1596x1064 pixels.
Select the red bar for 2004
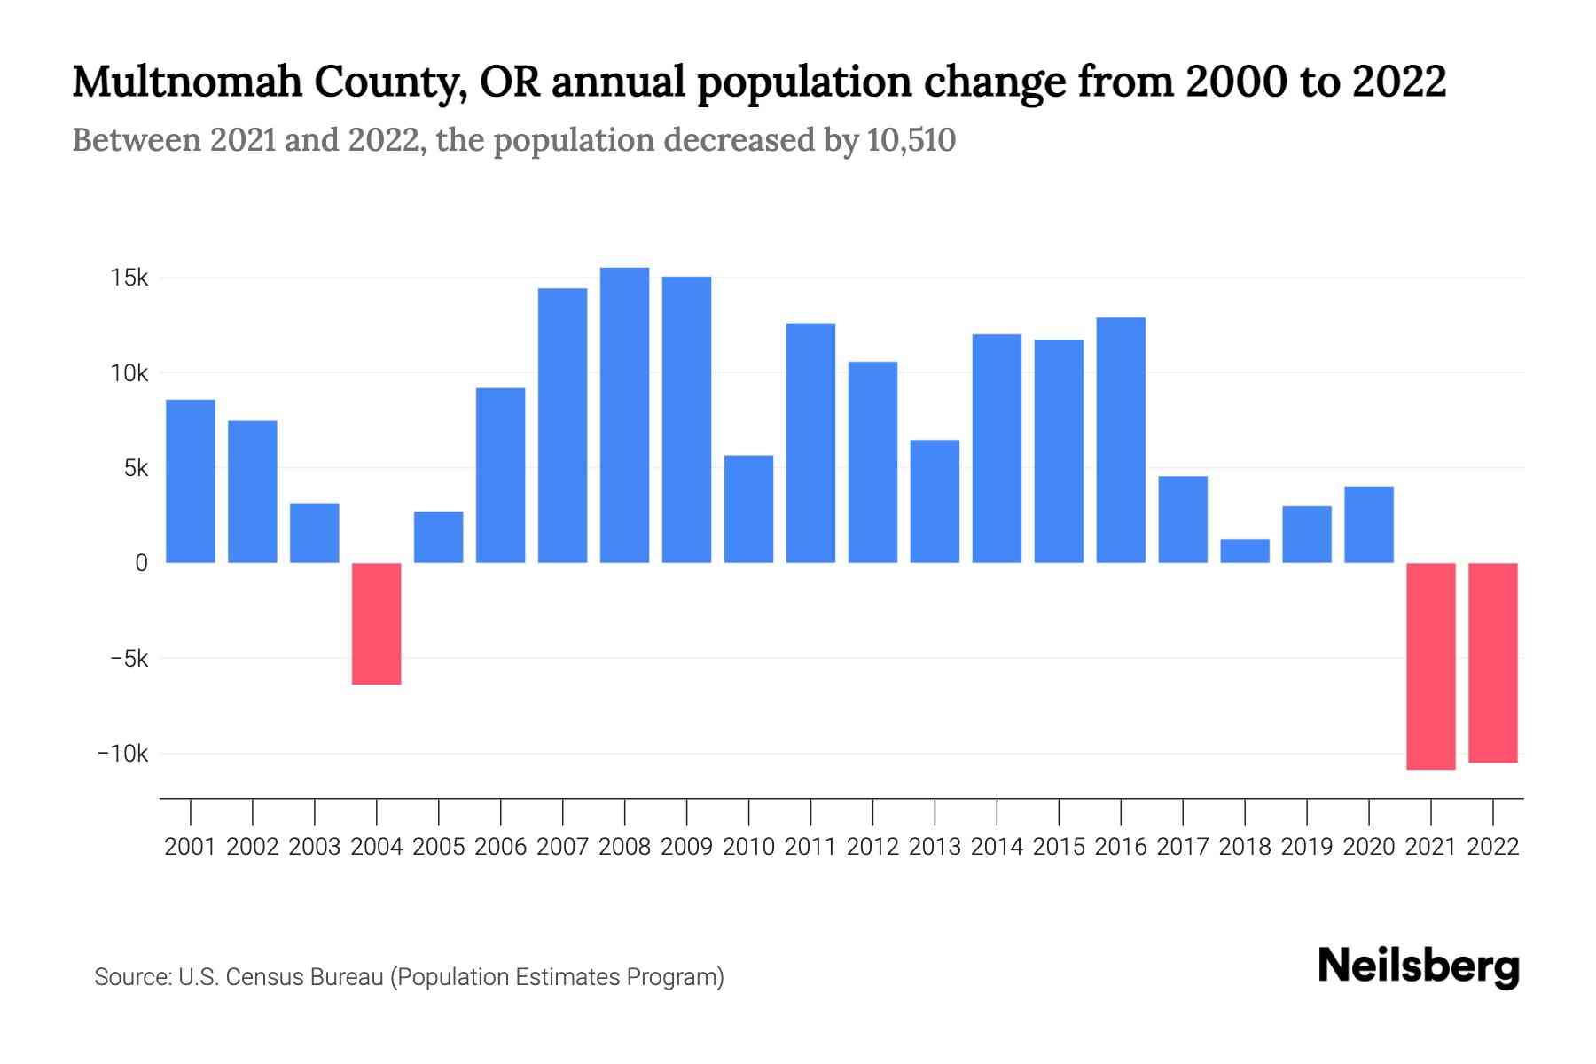pos(377,623)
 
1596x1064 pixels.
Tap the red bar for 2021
pos(1430,666)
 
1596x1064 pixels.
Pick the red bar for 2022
pos(1493,662)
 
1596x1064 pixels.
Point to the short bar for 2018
pos(1245,551)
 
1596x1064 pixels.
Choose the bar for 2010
pos(748,509)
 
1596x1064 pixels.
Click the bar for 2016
pos(1121,440)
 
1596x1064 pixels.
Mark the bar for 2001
pos(191,481)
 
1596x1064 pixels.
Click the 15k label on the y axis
pos(129,278)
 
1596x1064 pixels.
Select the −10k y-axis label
pos(123,754)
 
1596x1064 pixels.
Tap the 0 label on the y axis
pos(141,564)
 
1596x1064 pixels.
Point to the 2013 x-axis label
pos(935,847)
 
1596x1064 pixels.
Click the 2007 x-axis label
pos(562,847)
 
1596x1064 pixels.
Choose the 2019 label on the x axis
pos(1307,847)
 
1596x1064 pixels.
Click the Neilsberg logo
pos(1419,966)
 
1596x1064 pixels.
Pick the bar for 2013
pos(935,501)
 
